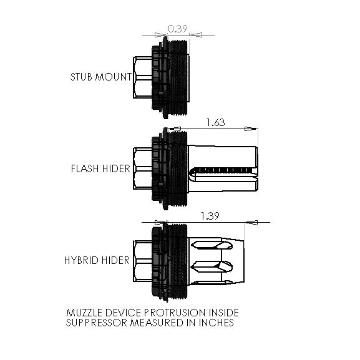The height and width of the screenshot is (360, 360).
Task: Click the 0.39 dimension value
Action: [x=177, y=29]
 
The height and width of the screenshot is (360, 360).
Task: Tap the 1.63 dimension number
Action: [x=216, y=122]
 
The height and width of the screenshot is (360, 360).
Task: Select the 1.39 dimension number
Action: [x=210, y=216]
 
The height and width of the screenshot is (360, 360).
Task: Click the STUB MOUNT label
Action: [x=101, y=77]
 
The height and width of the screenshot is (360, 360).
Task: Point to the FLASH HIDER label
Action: [x=100, y=168]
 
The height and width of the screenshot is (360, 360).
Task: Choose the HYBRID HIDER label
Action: [x=97, y=260]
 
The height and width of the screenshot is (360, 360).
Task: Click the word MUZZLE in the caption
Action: [x=84, y=313]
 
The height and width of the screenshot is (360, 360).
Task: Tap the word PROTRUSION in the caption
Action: [x=175, y=313]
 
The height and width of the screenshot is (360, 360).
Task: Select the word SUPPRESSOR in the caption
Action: [x=97, y=323]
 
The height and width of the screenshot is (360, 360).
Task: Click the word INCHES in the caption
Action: [x=216, y=323]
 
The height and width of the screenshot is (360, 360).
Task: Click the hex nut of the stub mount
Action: [x=143, y=77]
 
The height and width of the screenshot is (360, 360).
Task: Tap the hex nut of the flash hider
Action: [x=143, y=168]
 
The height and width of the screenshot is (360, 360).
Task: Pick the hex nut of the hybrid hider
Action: [x=143, y=261]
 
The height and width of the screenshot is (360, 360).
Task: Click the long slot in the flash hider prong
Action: [x=223, y=170]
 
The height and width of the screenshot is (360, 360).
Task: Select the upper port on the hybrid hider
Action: [x=212, y=245]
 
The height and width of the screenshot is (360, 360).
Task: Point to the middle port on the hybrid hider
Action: [x=212, y=266]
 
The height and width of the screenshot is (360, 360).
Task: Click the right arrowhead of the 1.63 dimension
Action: [x=251, y=129]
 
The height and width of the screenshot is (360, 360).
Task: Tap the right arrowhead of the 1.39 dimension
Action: [x=251, y=222]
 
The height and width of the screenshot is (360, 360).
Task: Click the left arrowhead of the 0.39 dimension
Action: [x=161, y=35]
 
